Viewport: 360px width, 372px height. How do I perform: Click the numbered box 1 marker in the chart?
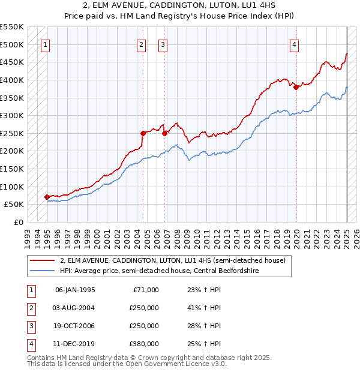point(46,44)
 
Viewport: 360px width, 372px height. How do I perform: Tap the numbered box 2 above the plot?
point(141,44)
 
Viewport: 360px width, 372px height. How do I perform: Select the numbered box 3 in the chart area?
point(163,44)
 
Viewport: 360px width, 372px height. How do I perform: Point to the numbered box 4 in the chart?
point(295,44)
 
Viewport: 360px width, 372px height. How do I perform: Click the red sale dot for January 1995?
point(47,197)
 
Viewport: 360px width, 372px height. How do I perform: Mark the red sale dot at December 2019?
point(296,87)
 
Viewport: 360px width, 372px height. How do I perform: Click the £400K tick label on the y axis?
point(12,80)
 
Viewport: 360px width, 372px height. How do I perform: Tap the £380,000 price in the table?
point(144,344)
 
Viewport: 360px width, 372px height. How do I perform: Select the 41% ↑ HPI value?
point(205,308)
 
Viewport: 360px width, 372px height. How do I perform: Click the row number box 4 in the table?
point(31,344)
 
